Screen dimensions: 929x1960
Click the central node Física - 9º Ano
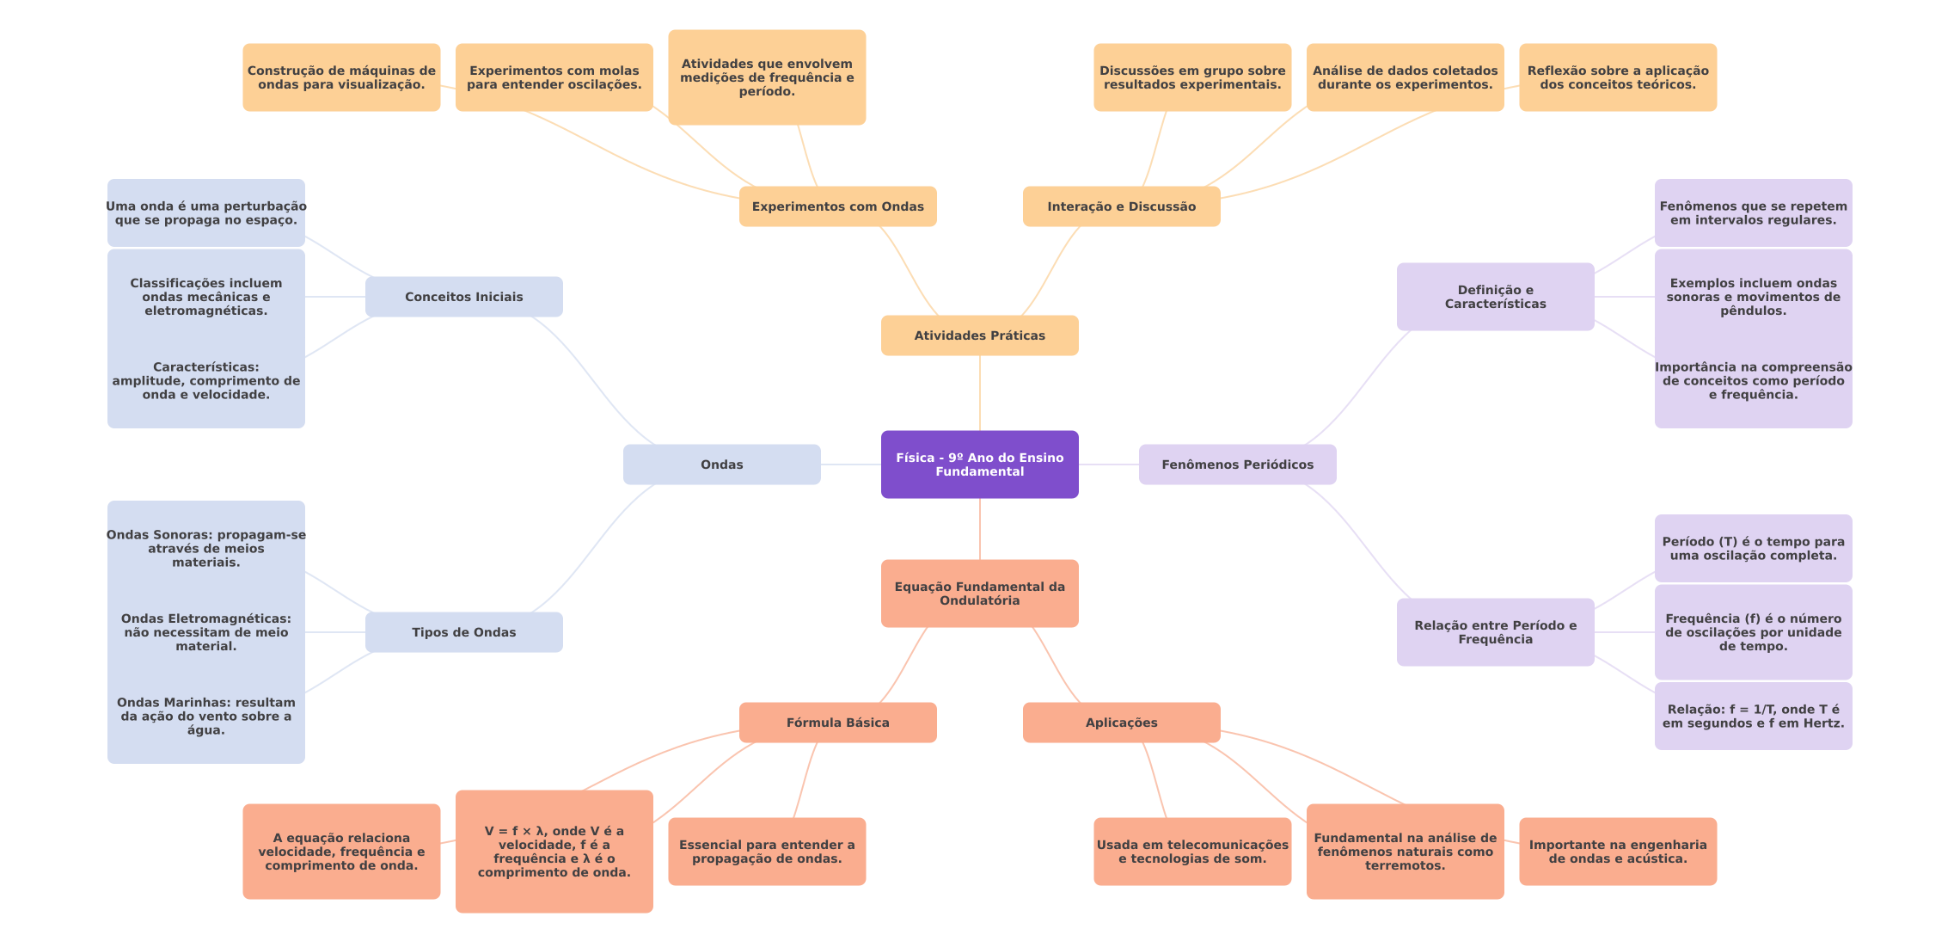[979, 464]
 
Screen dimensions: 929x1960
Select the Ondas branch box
[721, 464]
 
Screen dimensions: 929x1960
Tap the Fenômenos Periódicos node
[1237, 464]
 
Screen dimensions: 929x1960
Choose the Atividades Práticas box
[979, 335]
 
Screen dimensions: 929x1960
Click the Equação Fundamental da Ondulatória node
[979, 594]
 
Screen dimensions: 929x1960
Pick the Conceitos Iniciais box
[463, 297]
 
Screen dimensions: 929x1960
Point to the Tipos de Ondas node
[463, 632]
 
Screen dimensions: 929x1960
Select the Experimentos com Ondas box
[837, 206]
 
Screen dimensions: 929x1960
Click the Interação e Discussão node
[1121, 206]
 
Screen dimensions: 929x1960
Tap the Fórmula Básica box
[837, 723]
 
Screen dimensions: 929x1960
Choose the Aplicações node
[1121, 723]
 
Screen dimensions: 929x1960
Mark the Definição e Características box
[1495, 297]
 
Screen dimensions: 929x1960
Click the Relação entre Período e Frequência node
[1495, 632]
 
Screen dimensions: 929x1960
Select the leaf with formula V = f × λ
[554, 852]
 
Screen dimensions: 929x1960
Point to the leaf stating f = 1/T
[1753, 716]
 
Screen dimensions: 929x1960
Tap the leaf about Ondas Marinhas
[205, 716]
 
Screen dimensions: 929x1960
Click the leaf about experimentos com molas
[554, 77]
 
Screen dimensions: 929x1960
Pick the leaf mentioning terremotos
[1405, 852]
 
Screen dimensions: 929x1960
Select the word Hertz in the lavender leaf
[1822, 723]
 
